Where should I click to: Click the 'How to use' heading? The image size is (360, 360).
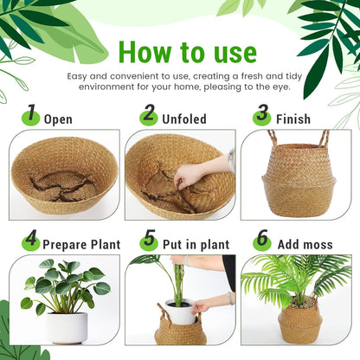[187, 52]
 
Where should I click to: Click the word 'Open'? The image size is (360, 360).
[58, 119]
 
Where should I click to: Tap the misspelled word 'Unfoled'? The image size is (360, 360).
[183, 119]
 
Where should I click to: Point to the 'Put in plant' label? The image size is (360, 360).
[193, 245]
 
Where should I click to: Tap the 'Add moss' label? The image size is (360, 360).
[304, 245]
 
